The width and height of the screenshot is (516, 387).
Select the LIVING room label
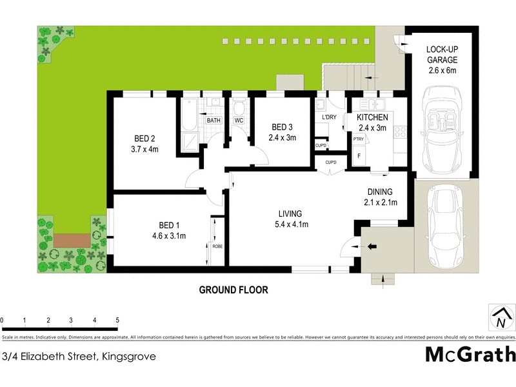[290, 213]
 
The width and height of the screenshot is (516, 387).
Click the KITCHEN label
[372, 117]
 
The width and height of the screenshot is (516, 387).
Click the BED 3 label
[283, 126]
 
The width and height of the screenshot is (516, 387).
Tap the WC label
[238, 121]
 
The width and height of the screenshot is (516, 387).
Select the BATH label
[213, 121]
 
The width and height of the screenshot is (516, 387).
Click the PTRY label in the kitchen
[358, 139]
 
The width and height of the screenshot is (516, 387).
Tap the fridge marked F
[359, 155]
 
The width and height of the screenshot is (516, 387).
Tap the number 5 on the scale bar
[117, 320]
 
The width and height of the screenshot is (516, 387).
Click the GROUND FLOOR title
[233, 290]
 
